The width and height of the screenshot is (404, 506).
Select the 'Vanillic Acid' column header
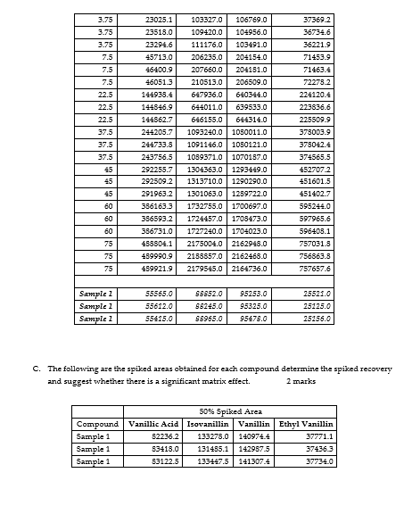[155, 423]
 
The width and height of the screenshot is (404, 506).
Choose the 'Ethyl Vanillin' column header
[307, 423]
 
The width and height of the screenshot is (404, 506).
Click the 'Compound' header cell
[98, 423]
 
